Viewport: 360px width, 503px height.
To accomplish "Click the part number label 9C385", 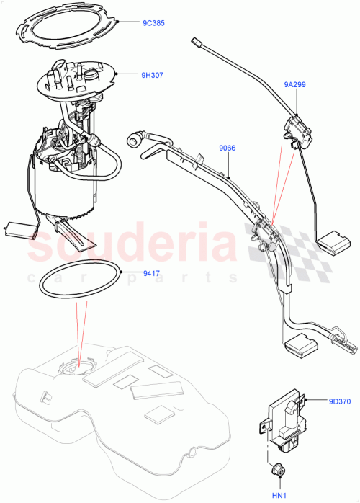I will click(x=152, y=23).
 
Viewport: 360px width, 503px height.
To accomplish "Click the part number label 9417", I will click(x=151, y=272).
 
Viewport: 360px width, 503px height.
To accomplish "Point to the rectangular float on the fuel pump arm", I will click(x=19, y=229).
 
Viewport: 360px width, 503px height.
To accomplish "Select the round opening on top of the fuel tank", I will click(x=74, y=370).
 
